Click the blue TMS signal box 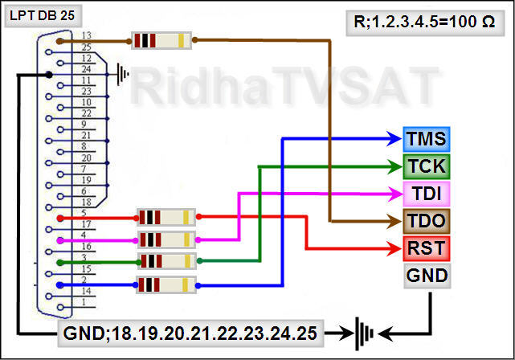pyautogui.click(x=427, y=139)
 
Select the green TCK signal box pyautogui.click(x=427, y=166)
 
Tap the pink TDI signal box pyautogui.click(x=427, y=194)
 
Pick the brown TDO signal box pyautogui.click(x=427, y=220)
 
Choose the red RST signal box pyautogui.click(x=427, y=247)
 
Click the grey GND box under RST pyautogui.click(x=427, y=275)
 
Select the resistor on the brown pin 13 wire pyautogui.click(x=161, y=39)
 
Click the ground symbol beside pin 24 pyautogui.click(x=123, y=75)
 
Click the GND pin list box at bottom pyautogui.click(x=191, y=331)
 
